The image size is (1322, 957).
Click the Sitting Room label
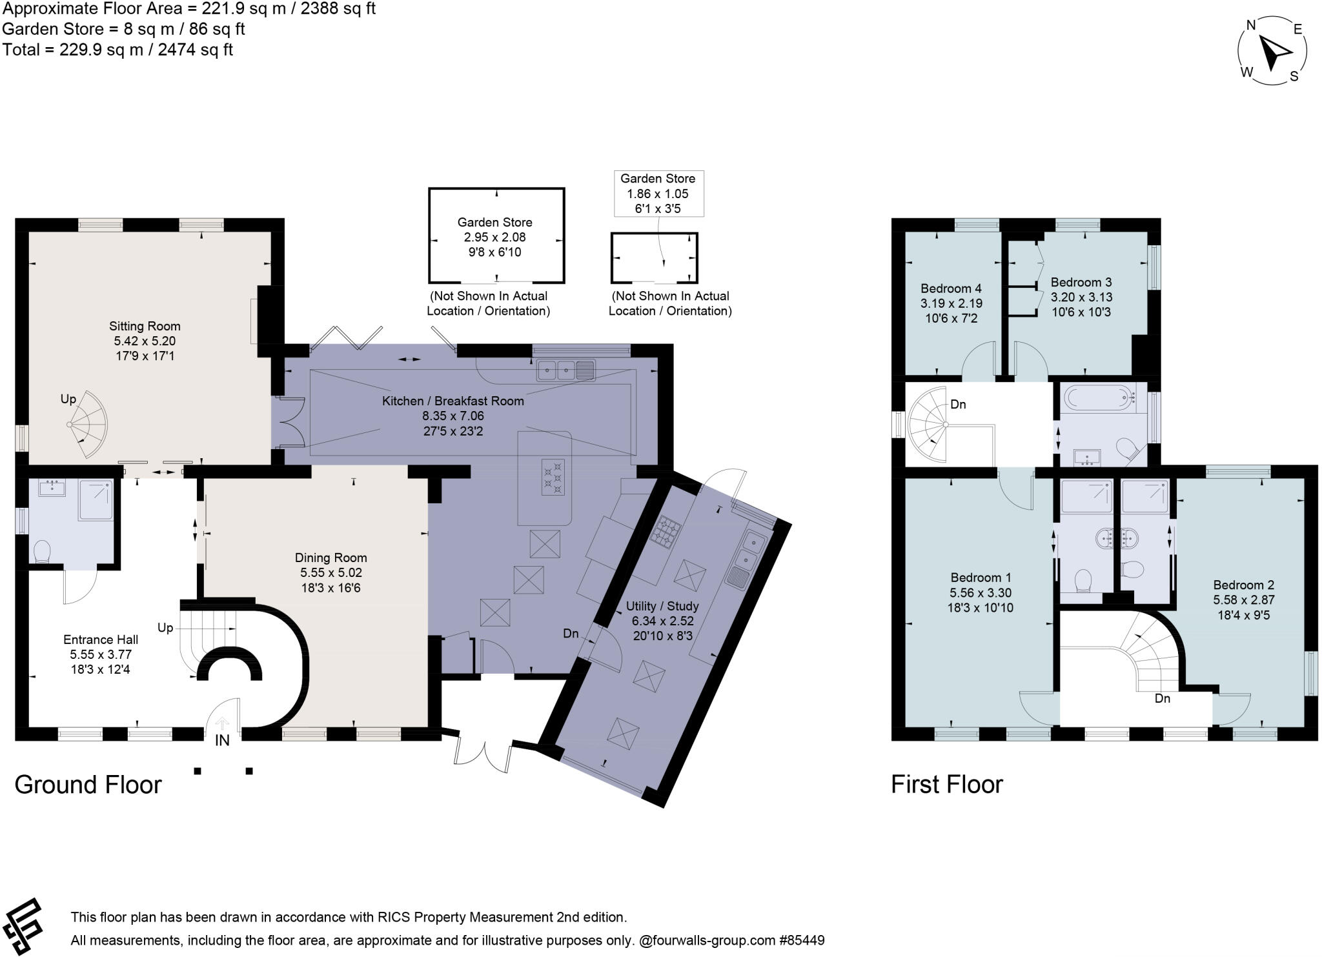(x=145, y=326)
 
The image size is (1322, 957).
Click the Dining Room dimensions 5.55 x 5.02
(x=330, y=573)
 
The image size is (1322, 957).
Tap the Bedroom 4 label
(x=951, y=288)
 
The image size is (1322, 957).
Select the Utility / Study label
(x=662, y=606)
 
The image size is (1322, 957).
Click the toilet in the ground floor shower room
(x=42, y=552)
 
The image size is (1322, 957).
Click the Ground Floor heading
(x=88, y=785)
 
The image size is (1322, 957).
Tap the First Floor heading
(x=946, y=785)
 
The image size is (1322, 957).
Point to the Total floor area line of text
(x=117, y=50)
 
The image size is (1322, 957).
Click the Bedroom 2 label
(x=1243, y=585)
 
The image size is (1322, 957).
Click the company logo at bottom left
(x=23, y=927)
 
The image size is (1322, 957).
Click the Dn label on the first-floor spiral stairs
(x=958, y=405)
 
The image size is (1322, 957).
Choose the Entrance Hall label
(x=101, y=640)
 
